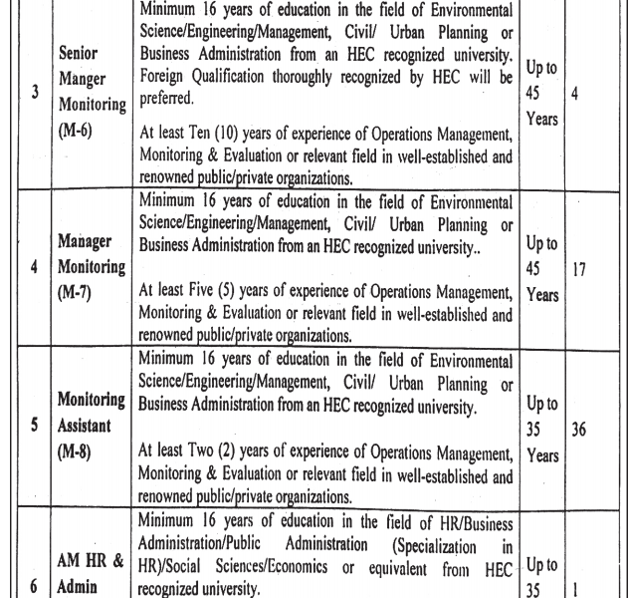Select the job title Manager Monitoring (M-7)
click(92, 268)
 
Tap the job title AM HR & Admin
click(91, 573)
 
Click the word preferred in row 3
click(168, 99)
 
